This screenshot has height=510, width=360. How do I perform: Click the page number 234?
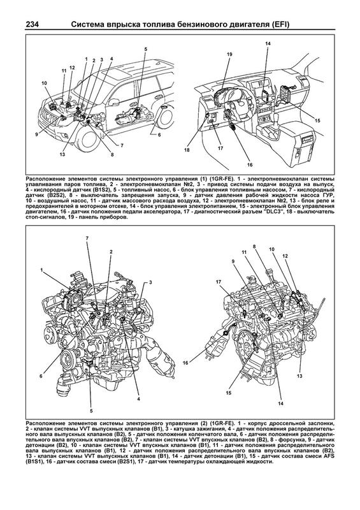[x=32, y=25]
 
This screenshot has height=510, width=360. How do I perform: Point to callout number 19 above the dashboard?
[x=229, y=55]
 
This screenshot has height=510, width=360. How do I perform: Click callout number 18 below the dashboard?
[x=187, y=150]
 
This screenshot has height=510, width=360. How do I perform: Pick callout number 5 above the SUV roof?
[x=146, y=49]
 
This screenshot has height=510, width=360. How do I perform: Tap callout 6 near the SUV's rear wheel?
[x=159, y=135]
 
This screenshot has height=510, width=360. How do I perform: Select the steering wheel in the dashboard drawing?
[x=239, y=101]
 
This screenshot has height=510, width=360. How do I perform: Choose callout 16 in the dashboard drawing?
[x=249, y=165]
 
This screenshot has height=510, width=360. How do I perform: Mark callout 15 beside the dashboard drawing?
[x=317, y=120]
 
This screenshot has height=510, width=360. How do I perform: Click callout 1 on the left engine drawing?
[x=41, y=270]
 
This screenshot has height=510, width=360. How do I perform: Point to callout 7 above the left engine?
[x=87, y=238]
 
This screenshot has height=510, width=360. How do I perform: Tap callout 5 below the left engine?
[x=91, y=411]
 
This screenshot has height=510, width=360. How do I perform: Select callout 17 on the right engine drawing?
[x=219, y=282]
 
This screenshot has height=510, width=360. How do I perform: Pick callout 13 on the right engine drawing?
[x=299, y=376]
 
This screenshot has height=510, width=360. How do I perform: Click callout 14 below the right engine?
[x=280, y=404]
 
